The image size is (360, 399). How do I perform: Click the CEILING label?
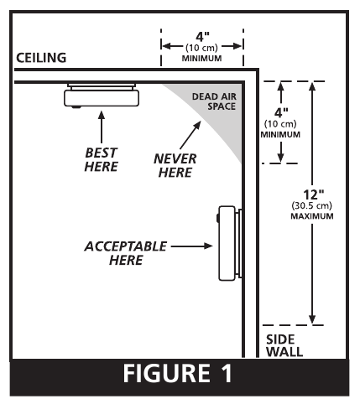pyautogui.click(x=41, y=58)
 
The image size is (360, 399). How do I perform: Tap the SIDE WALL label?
pyautogui.click(x=284, y=345)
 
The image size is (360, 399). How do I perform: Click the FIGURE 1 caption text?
pyautogui.click(x=178, y=373)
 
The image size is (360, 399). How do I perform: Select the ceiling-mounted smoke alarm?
pyautogui.click(x=102, y=96)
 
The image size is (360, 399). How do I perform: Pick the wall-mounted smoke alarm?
pyautogui.click(x=230, y=243)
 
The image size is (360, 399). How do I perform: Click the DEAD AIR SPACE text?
pyautogui.click(x=214, y=101)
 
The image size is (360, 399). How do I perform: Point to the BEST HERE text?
pyautogui.click(x=102, y=159)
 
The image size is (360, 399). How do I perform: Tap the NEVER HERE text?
pyautogui.click(x=175, y=165)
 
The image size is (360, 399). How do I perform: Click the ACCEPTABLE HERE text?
pyautogui.click(x=126, y=253)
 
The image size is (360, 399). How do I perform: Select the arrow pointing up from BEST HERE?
pyautogui.click(x=102, y=127)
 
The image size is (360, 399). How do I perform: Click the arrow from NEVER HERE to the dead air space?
pyautogui.click(x=190, y=135)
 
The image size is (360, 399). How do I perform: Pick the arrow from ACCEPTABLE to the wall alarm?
pyautogui.click(x=192, y=246)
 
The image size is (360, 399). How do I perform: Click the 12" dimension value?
pyautogui.click(x=314, y=194)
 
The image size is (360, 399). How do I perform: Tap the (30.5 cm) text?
pyautogui.click(x=312, y=206)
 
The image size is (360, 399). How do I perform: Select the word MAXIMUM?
pyautogui.click(x=312, y=216)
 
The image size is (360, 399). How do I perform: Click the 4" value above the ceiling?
pyautogui.click(x=202, y=37)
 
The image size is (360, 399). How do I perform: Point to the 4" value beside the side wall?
pyautogui.click(x=281, y=113)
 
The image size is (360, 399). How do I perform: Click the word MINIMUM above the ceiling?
pyautogui.click(x=202, y=59)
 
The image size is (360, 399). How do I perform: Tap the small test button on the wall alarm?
pyautogui.click(x=217, y=218)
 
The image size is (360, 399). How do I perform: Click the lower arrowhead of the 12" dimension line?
pyautogui.click(x=312, y=319)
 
